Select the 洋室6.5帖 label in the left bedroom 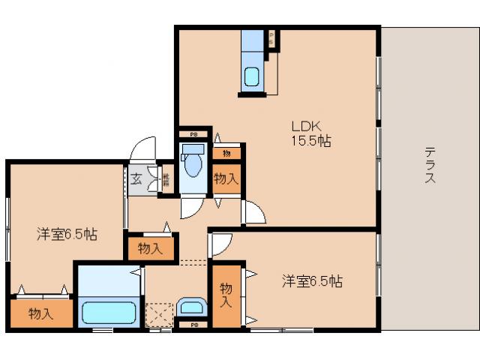click(x=67, y=234)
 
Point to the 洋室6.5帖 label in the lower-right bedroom click(x=312, y=281)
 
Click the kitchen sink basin click(x=252, y=76)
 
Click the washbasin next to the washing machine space click(x=193, y=307)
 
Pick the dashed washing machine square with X click(x=159, y=313)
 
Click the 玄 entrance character click(x=137, y=179)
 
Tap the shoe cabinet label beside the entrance click(x=166, y=181)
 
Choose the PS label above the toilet click(x=193, y=134)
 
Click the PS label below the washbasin click(x=193, y=325)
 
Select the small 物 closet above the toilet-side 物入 click(x=226, y=153)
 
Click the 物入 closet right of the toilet click(x=226, y=178)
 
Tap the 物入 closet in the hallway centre click(x=150, y=247)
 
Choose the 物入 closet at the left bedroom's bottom click(x=41, y=313)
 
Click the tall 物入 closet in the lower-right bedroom click(x=226, y=295)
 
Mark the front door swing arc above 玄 click(x=142, y=148)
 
